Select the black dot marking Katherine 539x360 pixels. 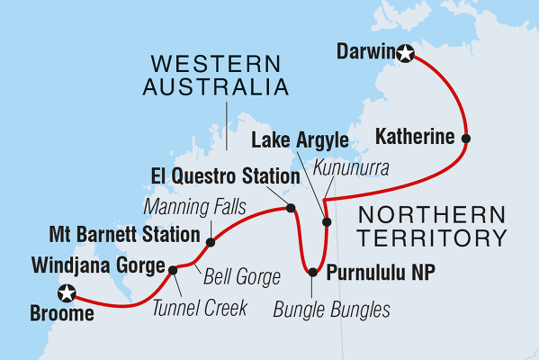tap(465, 139)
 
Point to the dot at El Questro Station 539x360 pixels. tap(290, 208)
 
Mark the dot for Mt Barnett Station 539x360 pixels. tap(211, 242)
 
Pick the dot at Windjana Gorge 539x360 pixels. tap(173, 268)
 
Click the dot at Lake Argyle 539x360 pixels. tap(327, 221)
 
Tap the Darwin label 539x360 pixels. tap(364, 53)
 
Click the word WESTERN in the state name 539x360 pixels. tap(206, 64)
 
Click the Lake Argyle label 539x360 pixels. tap(300, 140)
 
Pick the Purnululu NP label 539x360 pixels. tap(379, 271)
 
